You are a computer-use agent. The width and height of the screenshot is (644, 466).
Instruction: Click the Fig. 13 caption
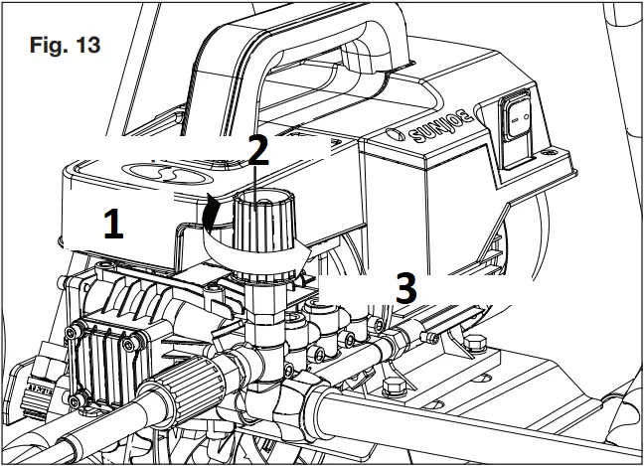pyautogui.click(x=66, y=46)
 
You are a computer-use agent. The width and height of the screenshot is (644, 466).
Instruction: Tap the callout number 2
pyautogui.click(x=256, y=150)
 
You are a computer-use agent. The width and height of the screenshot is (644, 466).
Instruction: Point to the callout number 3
pyautogui.click(x=403, y=288)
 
